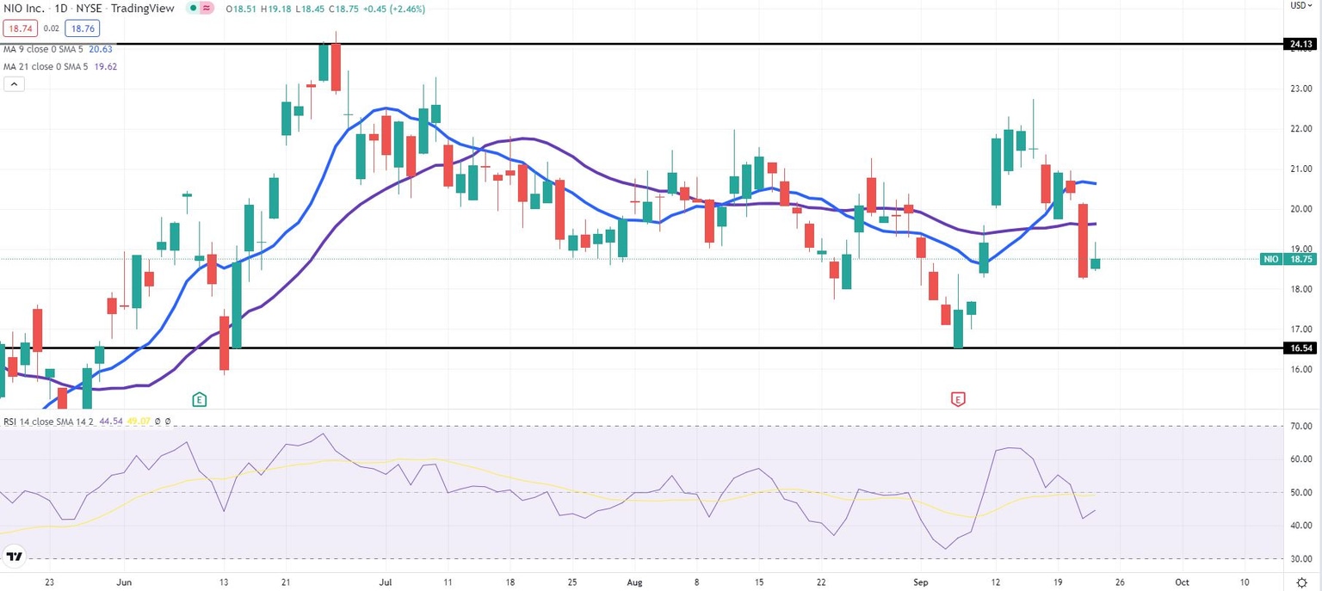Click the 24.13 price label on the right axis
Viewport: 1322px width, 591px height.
(x=1300, y=44)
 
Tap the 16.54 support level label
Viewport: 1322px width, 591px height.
(x=1300, y=348)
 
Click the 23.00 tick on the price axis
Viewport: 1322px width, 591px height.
(x=1300, y=89)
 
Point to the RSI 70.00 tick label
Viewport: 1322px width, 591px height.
(x=1300, y=427)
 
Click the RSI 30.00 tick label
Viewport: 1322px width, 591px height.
(x=1300, y=559)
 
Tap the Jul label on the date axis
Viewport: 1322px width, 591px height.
(x=385, y=582)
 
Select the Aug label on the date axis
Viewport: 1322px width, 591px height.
(x=633, y=582)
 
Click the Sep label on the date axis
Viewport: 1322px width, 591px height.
(x=921, y=582)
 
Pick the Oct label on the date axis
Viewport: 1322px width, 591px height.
(x=1182, y=582)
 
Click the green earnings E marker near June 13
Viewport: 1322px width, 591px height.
(x=199, y=399)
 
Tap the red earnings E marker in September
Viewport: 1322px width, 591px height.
(x=957, y=399)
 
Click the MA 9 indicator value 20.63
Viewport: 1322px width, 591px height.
(x=101, y=49)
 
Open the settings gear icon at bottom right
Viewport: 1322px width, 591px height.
(x=1301, y=582)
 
